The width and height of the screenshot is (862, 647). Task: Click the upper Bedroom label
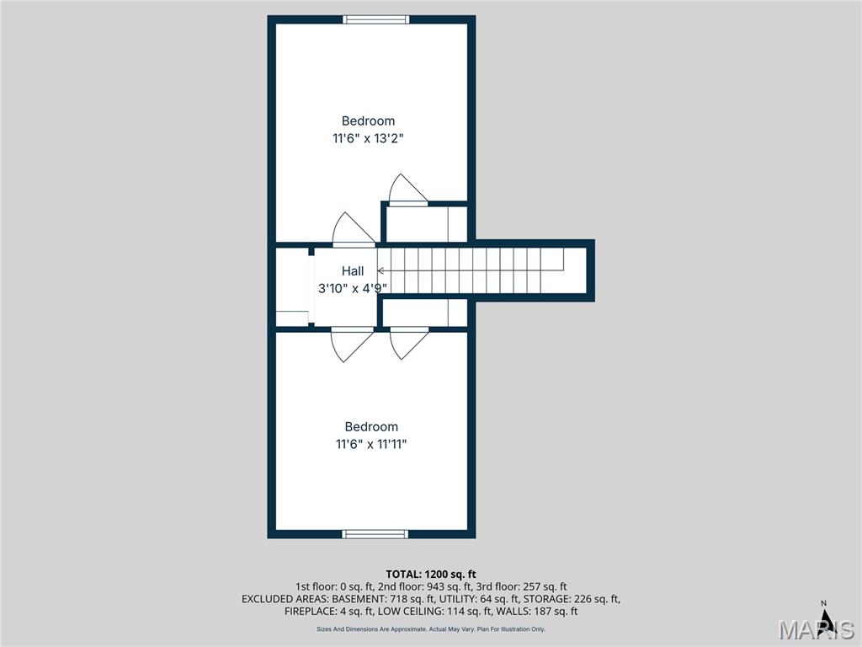point(368,121)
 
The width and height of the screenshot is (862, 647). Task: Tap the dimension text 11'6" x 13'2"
point(368,138)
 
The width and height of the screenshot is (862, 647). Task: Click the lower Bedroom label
point(371,427)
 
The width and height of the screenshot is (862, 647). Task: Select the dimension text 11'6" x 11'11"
point(371,444)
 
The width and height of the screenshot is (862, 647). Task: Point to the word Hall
point(353,270)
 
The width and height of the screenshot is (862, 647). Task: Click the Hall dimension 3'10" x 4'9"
point(353,288)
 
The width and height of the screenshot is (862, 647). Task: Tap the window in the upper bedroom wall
point(376,20)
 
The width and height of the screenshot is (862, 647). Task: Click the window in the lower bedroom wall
point(375,534)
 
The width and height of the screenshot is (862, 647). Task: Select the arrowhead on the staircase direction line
point(380,270)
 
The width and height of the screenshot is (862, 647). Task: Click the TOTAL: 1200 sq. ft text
point(430,575)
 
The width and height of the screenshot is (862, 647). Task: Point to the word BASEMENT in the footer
point(359,599)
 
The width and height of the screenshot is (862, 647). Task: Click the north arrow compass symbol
point(825,621)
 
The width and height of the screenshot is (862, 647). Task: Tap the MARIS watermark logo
point(817,629)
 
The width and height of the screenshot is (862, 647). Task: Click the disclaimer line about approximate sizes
point(431,628)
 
